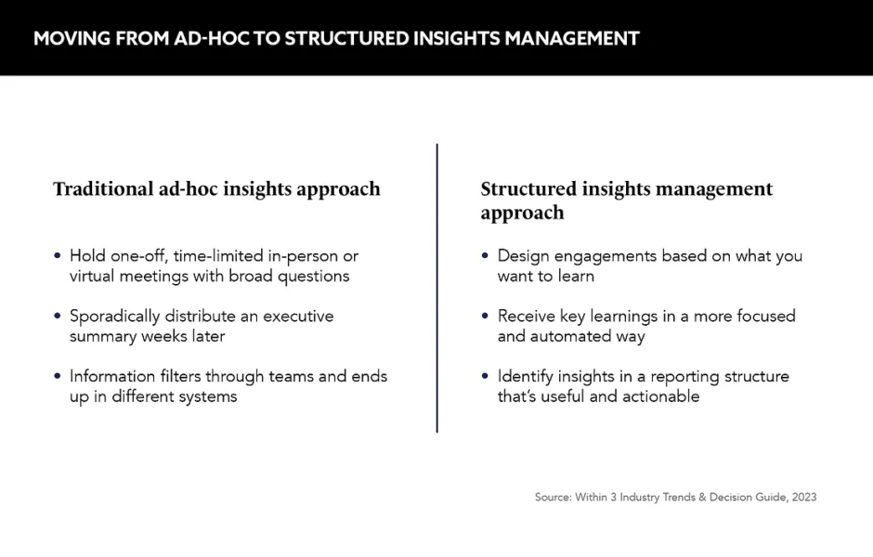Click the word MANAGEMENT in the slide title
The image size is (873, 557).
coord(572,38)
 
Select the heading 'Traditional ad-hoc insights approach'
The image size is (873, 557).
coord(216,189)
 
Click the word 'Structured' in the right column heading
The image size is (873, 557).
coord(528,188)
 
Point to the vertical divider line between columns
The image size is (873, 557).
coord(437,288)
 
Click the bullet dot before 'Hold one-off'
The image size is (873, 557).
coord(58,255)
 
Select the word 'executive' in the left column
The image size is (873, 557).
coord(298,316)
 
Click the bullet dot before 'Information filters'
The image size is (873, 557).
coord(58,376)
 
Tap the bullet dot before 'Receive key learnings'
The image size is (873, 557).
coord(485,316)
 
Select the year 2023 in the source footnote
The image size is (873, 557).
coord(804,497)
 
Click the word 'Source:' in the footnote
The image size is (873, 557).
coord(554,497)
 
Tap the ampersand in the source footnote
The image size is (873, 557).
coord(702,497)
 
